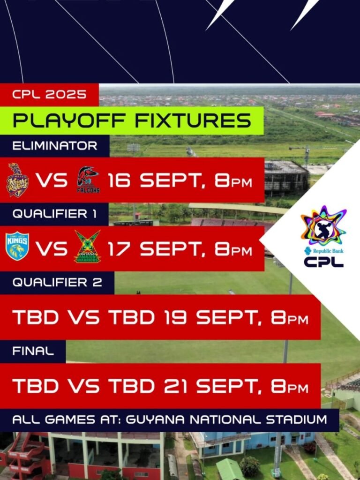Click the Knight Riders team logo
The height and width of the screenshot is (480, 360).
click(17, 180)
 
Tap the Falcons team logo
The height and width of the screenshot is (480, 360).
click(88, 180)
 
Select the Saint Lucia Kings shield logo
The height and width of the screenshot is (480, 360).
click(17, 246)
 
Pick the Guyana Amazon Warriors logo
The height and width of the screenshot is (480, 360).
click(88, 247)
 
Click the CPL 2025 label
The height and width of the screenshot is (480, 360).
click(49, 94)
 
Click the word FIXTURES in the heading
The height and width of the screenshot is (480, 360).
click(193, 120)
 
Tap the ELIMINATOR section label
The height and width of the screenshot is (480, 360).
click(55, 146)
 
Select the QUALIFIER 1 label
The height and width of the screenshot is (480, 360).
click(55, 214)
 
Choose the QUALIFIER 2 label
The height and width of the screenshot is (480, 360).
click(57, 283)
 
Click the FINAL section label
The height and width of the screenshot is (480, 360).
click(33, 351)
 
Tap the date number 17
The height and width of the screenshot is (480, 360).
click(119, 249)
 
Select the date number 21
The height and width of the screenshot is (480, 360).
click(175, 386)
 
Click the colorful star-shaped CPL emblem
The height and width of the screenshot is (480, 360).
click(323, 225)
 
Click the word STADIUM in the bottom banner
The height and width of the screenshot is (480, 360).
click(296, 420)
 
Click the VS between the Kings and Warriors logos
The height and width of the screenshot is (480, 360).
click(52, 249)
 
